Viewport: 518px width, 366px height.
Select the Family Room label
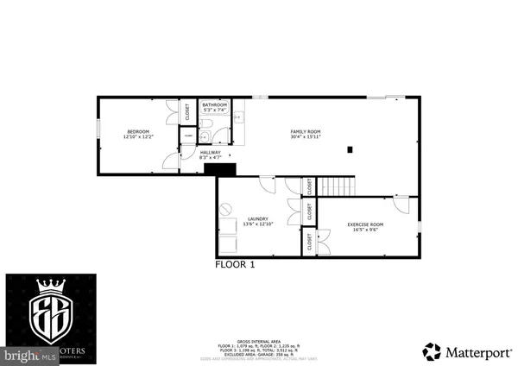pos(306,135)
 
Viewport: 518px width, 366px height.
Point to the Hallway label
pos(211,155)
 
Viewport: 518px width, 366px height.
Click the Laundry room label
pos(258,221)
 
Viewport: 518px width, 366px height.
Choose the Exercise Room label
pos(365,227)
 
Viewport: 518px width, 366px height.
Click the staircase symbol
pos(338,186)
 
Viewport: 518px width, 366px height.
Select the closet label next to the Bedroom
pos(187,112)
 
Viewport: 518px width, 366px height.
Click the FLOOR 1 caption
pos(235,266)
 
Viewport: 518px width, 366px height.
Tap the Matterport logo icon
pos(431,351)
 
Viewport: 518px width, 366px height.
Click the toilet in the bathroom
pos(204,136)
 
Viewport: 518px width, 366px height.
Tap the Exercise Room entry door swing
pos(400,204)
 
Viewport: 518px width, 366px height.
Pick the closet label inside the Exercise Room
pos(309,243)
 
